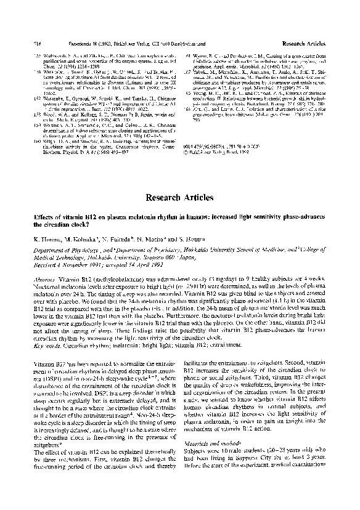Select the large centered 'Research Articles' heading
[180, 198]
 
